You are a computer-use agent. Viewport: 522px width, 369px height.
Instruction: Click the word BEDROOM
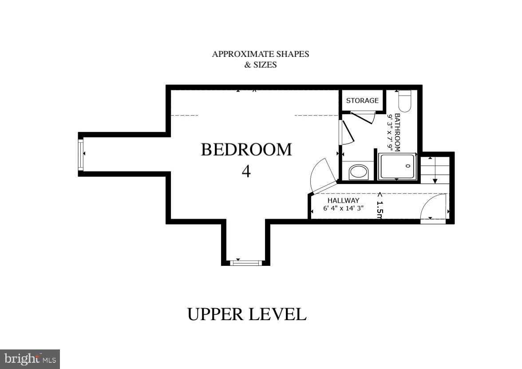246,150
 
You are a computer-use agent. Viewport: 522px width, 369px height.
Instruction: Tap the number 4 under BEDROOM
246,171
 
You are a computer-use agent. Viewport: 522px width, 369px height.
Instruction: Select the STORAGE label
362,100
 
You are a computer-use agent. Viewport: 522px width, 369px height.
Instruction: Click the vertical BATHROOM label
398,132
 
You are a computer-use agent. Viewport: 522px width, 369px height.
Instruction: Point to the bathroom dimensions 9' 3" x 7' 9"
390,132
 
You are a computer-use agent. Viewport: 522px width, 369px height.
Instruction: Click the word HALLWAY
343,201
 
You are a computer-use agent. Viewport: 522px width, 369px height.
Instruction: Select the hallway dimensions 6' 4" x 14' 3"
343,208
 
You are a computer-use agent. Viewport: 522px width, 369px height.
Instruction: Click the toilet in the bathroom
404,101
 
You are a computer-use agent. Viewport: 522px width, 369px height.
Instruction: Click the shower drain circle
408,166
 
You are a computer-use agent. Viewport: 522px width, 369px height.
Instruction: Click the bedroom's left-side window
81,154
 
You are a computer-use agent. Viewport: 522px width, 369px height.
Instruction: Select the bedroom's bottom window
245,263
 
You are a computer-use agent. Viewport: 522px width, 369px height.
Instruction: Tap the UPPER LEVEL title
246,314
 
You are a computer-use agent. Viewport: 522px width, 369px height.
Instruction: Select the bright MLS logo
30,359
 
